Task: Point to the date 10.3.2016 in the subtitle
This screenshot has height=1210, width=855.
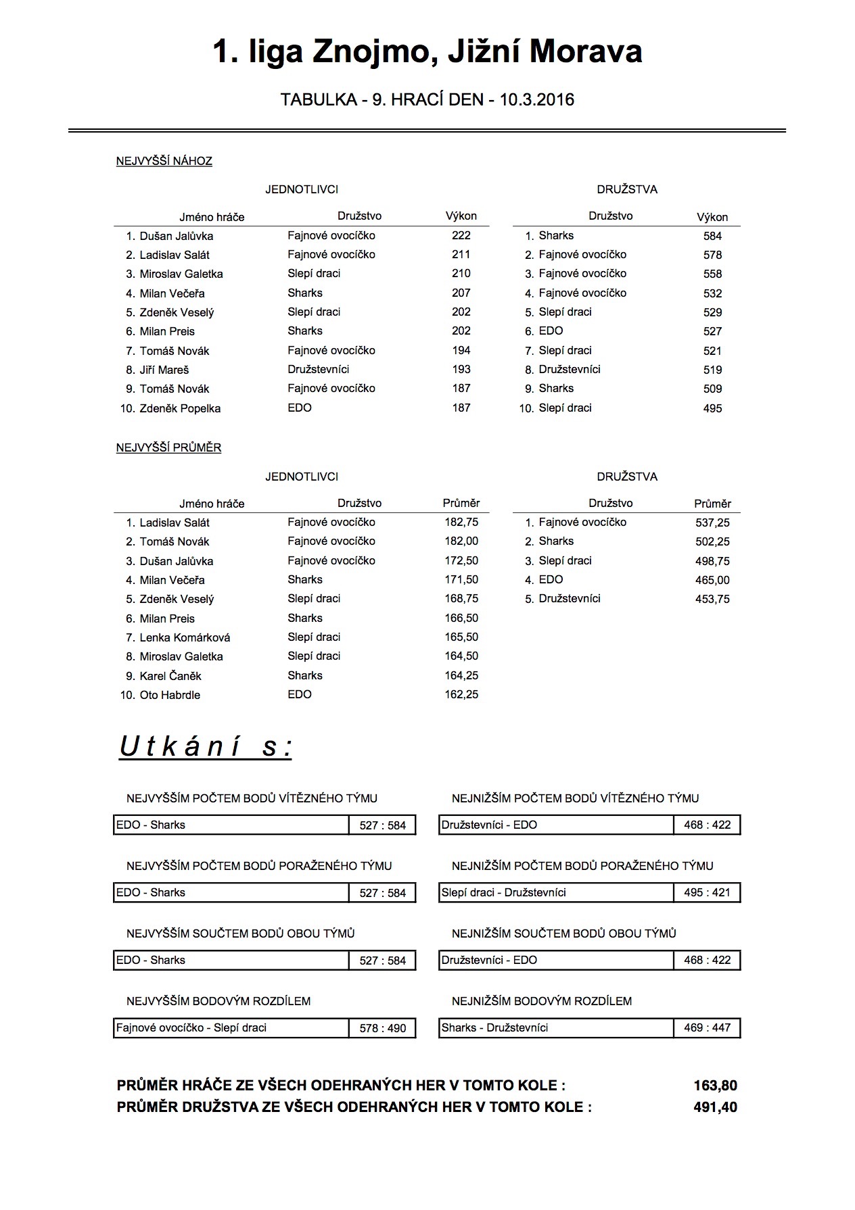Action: click(537, 100)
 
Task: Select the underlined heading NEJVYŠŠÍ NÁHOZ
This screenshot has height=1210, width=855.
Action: click(164, 161)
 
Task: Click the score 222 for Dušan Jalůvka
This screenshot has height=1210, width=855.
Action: click(461, 235)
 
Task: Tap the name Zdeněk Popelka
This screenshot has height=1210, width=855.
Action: click(180, 408)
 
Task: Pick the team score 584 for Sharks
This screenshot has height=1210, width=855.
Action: click(712, 236)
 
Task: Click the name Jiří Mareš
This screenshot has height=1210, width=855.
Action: click(164, 370)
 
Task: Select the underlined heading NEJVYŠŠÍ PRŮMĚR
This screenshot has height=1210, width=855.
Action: click(169, 447)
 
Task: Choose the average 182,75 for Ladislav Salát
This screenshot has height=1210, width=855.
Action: click(461, 522)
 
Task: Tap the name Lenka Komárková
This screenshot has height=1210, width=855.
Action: click(185, 637)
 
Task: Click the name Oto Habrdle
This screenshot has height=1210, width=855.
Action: click(170, 695)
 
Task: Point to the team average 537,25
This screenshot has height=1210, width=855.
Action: click(712, 523)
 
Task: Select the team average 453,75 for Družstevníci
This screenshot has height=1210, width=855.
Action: click(712, 599)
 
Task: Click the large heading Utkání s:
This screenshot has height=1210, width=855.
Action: click(206, 747)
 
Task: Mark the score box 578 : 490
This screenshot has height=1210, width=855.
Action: click(383, 1028)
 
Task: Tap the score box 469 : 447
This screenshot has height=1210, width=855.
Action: click(707, 1027)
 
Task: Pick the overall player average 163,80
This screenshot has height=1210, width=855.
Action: click(715, 1086)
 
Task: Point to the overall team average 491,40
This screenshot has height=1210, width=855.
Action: click(715, 1107)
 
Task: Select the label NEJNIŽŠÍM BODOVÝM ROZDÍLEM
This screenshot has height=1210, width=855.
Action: click(542, 1000)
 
